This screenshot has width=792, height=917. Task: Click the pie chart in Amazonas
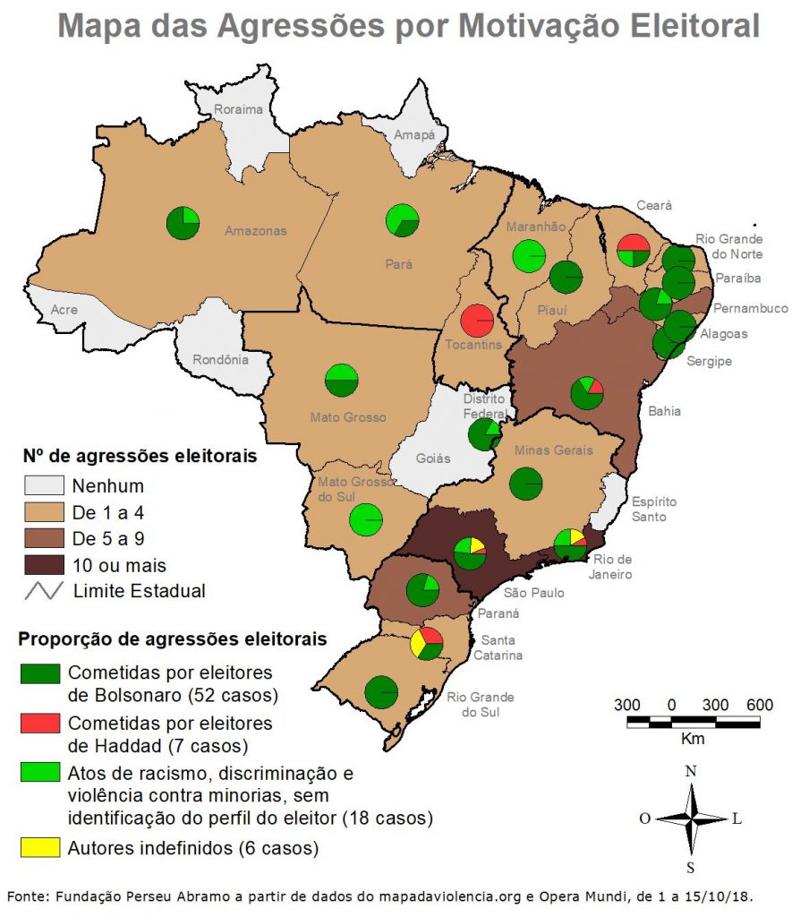pyautogui.click(x=183, y=223)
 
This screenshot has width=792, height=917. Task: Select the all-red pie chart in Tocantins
pyautogui.click(x=477, y=321)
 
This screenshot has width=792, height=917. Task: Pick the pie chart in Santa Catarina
pyautogui.click(x=427, y=644)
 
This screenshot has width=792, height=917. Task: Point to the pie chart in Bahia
pyautogui.click(x=587, y=393)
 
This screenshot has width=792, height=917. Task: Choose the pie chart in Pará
pyautogui.click(x=402, y=220)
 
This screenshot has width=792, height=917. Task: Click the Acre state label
pyautogui.click(x=64, y=310)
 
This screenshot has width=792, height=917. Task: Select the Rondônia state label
pyautogui.click(x=219, y=361)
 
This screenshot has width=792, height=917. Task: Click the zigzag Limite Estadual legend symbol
pyautogui.click(x=41, y=591)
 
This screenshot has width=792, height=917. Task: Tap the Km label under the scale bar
pyautogui.click(x=693, y=739)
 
